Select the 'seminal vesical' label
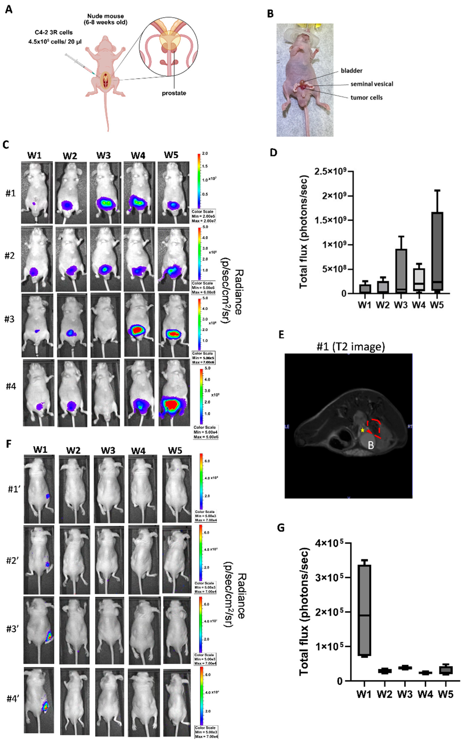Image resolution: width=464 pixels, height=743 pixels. tap(372, 84)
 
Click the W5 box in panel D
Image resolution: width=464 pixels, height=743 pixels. tap(437, 251)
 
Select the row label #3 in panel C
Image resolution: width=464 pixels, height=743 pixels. tap(10, 319)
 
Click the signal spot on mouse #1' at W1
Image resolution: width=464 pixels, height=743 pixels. tap(48, 496)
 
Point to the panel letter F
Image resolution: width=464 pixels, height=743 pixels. tap(9, 444)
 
